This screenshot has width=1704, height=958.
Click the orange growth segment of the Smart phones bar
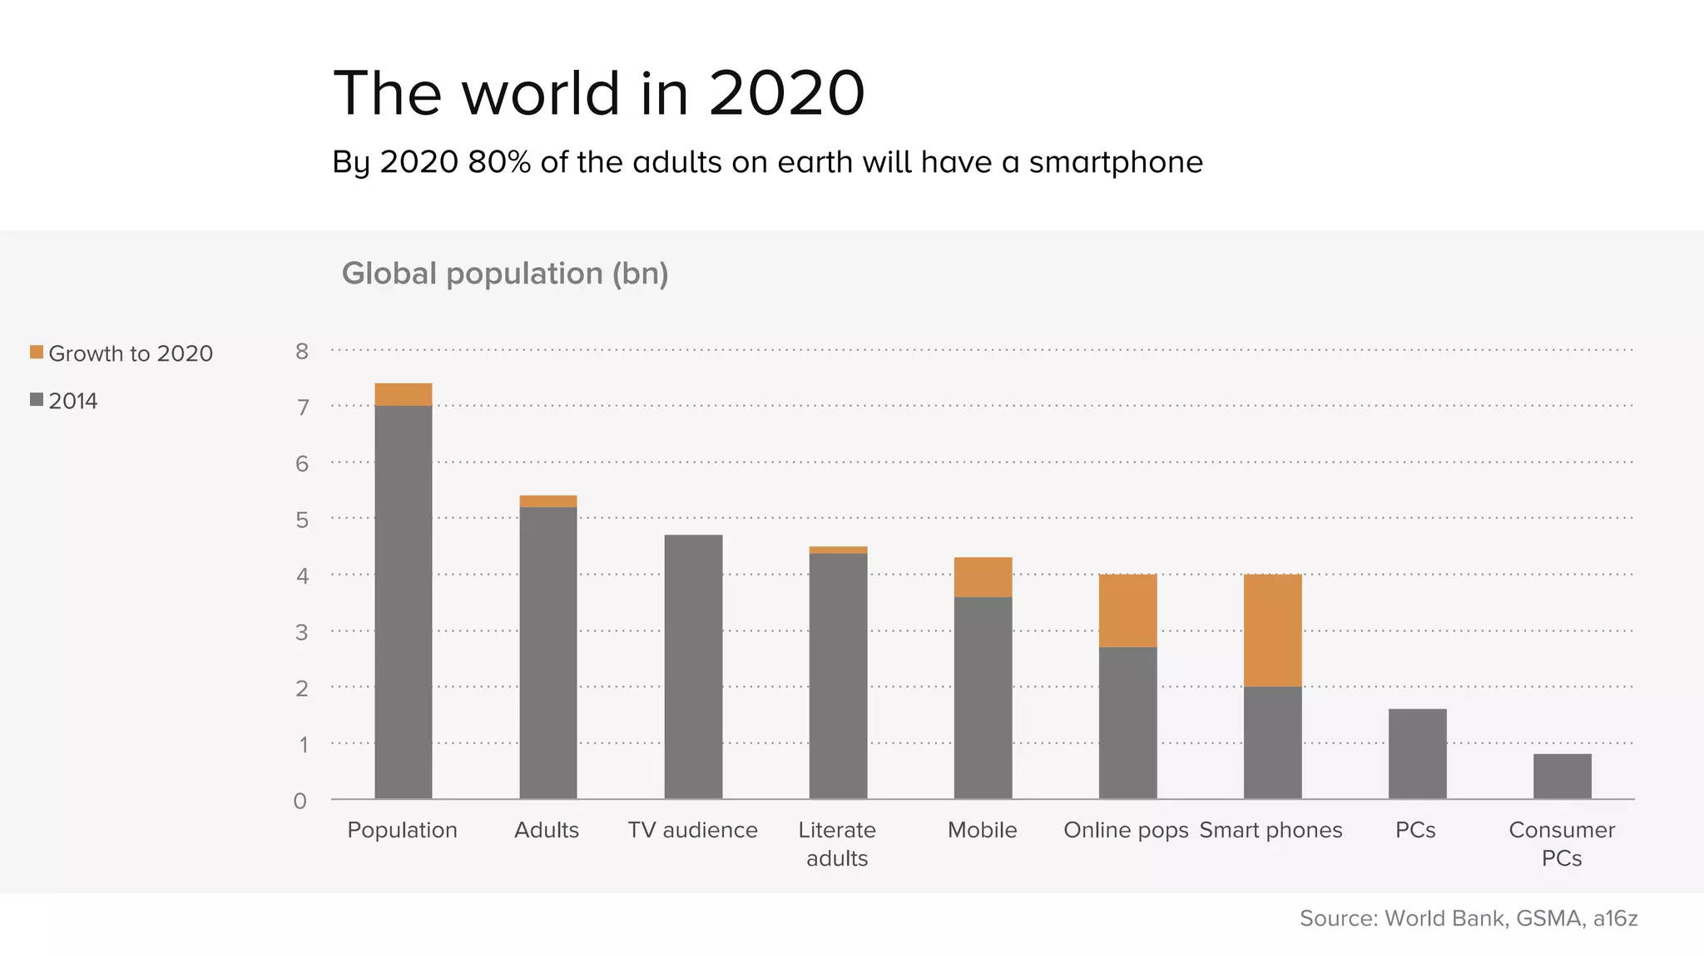tap(1272, 630)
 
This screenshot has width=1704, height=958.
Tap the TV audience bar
tap(693, 666)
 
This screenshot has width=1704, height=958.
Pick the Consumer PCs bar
tap(1562, 776)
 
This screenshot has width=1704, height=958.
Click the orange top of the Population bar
tap(403, 394)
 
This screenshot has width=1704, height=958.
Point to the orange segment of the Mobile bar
tap(983, 576)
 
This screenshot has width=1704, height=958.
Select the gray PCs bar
tap(1417, 753)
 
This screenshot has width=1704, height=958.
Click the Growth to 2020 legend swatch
tap(37, 353)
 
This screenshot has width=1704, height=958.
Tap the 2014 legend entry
tap(72, 401)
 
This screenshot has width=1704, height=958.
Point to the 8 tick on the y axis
tap(301, 351)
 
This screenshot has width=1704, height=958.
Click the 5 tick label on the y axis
tap(301, 520)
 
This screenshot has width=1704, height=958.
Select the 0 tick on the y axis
tap(300, 801)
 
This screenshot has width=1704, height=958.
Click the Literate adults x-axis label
tap(837, 843)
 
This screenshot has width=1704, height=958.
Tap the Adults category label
tap(546, 830)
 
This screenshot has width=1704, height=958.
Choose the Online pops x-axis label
tap(1126, 830)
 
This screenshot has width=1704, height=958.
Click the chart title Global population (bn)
tap(505, 274)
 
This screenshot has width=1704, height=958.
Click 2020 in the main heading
tap(786, 93)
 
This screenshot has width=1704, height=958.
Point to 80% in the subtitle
tap(499, 162)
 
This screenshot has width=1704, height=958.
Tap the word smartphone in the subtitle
tap(1116, 162)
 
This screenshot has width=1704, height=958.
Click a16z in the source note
tap(1615, 918)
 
